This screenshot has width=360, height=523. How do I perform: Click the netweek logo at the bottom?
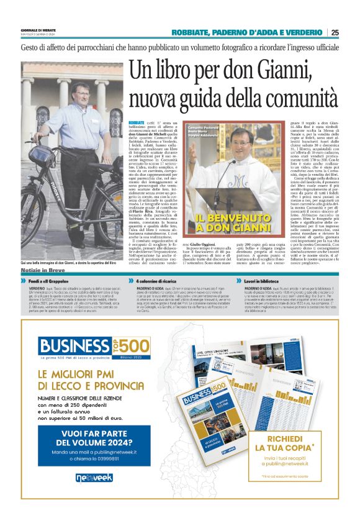pyautogui.click(x=94, y=478)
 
